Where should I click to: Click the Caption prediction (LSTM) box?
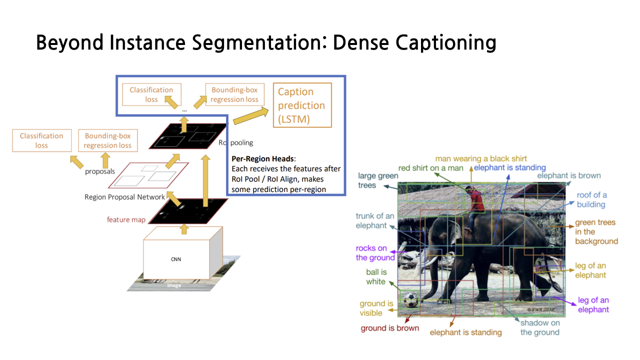(301, 105)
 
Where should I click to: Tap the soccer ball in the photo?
(410, 300)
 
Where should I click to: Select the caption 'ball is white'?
(375, 277)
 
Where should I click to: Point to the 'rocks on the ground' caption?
(375, 253)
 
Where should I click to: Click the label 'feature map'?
(126, 219)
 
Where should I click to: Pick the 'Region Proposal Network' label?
(124, 197)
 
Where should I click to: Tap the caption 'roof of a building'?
(591, 199)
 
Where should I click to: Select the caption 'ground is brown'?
(390, 328)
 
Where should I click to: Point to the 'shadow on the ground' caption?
(540, 327)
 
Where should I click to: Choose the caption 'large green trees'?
(378, 180)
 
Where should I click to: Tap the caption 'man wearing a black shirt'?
(481, 159)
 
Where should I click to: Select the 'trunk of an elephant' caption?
(375, 220)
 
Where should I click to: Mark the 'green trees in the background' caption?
(596, 232)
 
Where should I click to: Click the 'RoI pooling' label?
(235, 142)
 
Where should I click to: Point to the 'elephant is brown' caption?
(569, 175)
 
